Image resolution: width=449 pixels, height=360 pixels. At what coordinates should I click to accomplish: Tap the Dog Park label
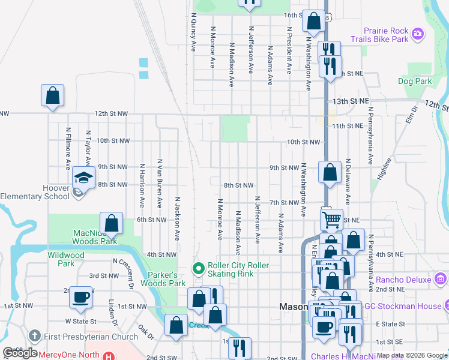pos(415,81)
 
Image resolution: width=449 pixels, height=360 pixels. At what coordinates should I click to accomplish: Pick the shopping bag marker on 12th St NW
pos(52,95)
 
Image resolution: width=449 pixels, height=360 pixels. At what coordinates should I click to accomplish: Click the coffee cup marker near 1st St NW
pos(80,297)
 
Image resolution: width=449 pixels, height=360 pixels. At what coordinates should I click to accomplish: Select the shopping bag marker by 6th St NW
pos(111,223)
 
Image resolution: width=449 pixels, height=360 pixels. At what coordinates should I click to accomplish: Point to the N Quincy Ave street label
pos(193,33)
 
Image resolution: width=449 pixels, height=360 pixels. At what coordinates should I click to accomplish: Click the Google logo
pos(20,353)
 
